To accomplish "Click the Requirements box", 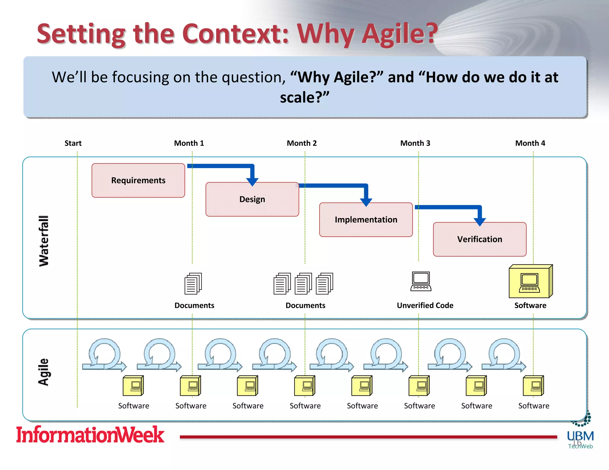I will point(138,180).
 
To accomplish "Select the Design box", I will point(252,199).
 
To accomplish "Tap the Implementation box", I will point(366,220).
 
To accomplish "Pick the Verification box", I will point(479,239).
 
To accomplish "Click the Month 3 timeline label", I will point(415,143).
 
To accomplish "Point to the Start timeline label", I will point(73,143).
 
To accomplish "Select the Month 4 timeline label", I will point(530,143).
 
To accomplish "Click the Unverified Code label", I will point(425,305).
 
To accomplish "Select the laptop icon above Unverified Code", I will point(421,282).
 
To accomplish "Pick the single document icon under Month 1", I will point(193,283).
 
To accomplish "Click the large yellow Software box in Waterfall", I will point(530,282).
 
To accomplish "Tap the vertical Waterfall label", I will point(44,241).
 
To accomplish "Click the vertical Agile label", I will point(43,372).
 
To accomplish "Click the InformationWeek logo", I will point(90,435).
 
